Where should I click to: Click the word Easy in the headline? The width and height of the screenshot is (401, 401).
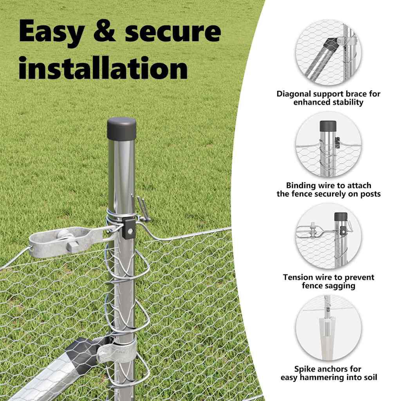52,32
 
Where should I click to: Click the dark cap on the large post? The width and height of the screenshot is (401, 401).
121,128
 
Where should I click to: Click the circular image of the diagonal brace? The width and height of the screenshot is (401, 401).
329,53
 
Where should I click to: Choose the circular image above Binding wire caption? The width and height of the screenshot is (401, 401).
329,145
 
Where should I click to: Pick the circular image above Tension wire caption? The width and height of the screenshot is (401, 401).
329,236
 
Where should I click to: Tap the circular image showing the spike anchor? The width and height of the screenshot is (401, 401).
329,328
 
